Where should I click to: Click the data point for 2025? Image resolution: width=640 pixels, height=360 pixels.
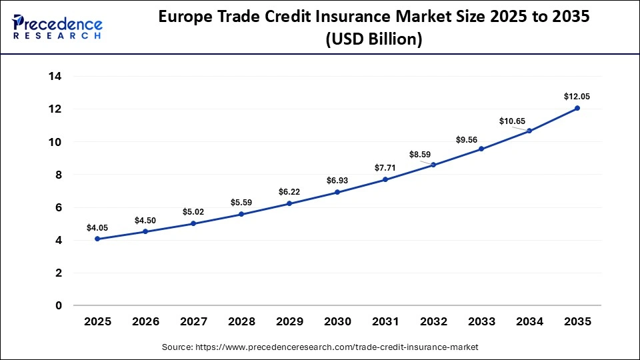(x=97, y=239)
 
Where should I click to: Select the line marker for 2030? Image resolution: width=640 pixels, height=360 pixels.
(x=337, y=192)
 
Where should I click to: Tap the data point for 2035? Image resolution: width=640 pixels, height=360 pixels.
(x=577, y=108)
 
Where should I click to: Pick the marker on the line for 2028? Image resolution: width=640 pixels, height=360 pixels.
(x=241, y=214)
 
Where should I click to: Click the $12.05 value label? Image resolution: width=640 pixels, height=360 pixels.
(x=577, y=97)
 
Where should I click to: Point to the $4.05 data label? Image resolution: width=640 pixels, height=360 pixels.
(x=97, y=227)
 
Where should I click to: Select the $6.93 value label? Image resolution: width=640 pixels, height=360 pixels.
(x=337, y=181)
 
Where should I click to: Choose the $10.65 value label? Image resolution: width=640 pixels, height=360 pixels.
(x=513, y=121)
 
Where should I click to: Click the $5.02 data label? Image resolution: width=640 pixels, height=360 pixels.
(x=193, y=212)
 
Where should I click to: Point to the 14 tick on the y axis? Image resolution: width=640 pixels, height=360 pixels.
(x=55, y=76)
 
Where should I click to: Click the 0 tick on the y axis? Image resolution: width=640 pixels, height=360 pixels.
(x=58, y=305)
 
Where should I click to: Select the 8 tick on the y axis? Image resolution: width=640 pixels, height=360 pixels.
(x=58, y=175)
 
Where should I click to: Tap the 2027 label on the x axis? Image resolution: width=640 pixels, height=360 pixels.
(x=193, y=321)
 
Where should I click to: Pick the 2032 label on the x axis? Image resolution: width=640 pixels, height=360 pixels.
(x=433, y=321)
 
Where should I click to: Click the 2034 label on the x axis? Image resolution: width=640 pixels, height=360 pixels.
(x=529, y=321)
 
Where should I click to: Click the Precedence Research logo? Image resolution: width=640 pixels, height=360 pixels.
(x=57, y=27)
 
